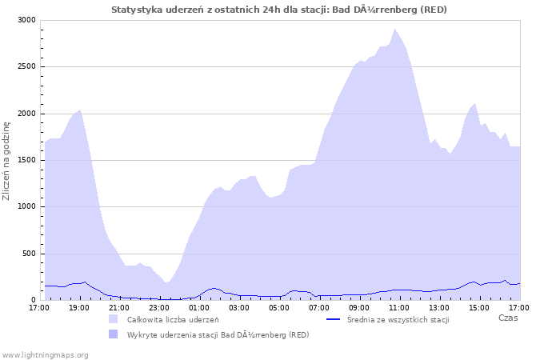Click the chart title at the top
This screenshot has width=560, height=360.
[279, 10]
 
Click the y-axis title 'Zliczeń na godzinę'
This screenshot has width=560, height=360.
[7, 160]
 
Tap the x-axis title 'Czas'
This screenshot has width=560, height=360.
[507, 318]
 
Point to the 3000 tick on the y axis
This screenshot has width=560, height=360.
[26, 20]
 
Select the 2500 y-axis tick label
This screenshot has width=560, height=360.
[26, 67]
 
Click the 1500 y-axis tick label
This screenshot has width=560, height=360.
[26, 160]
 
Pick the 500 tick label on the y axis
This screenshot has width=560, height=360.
[28, 254]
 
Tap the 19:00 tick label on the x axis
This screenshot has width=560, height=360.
[79, 307]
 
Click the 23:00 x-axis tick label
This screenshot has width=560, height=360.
[159, 307]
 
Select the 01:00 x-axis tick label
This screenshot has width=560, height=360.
[199, 307]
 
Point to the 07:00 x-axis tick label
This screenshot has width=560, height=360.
[319, 307]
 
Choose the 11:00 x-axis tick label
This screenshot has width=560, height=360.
[399, 307]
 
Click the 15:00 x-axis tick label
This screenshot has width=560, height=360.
[479, 307]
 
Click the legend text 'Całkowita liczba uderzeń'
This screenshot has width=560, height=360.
[173, 320]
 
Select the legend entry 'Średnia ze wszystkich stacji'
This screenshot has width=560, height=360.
[398, 320]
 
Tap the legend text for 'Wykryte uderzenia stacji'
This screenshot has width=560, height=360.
[218, 334]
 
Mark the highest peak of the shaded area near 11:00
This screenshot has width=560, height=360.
[394, 29]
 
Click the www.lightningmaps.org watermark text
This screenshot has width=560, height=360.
[45, 354]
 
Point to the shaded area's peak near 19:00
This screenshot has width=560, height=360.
[80, 110]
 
